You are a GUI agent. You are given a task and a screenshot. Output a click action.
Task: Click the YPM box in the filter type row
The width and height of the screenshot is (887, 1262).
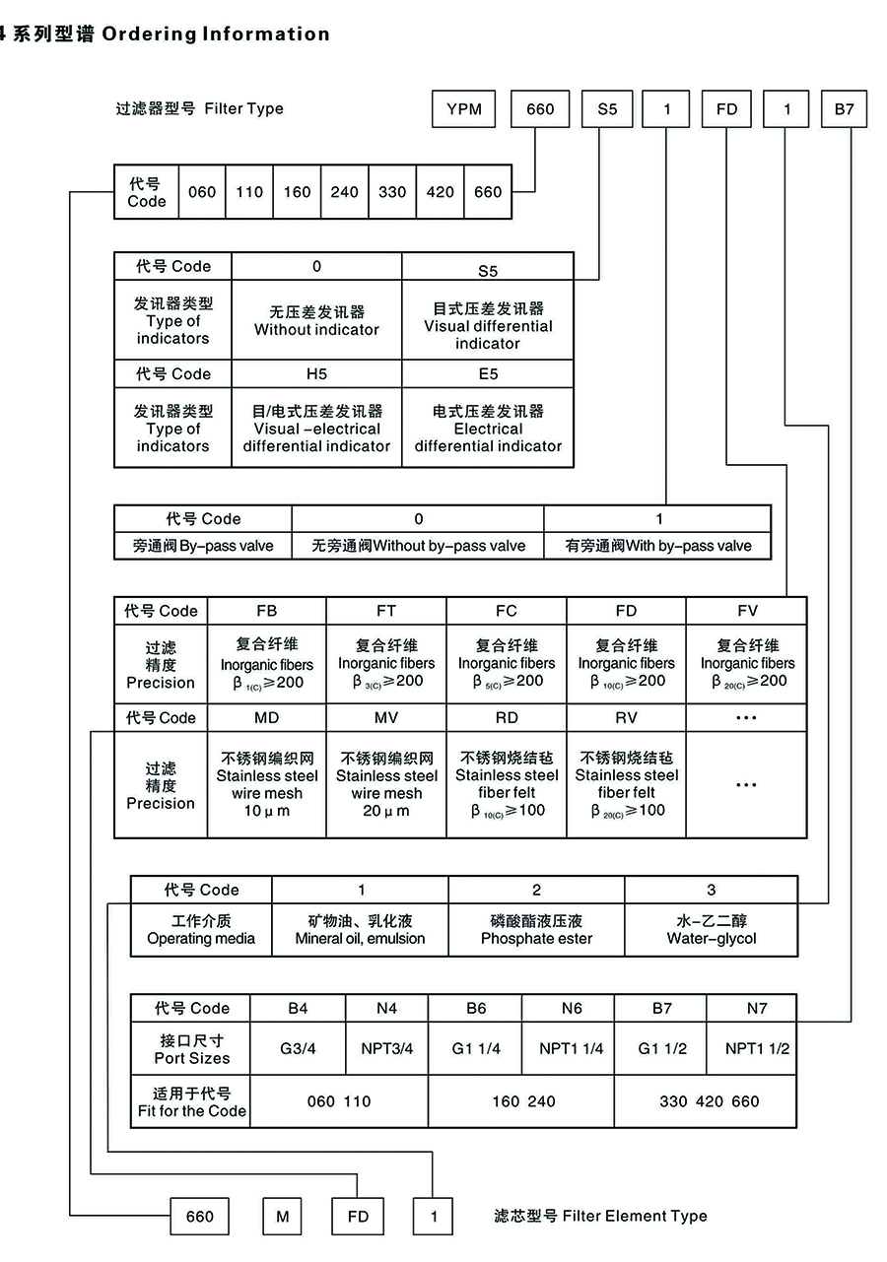pos(464,109)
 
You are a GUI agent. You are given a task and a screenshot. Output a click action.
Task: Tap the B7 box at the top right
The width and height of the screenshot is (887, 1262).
pos(844,109)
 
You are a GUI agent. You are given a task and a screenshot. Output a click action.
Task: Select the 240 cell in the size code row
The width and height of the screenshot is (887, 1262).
pos(344,192)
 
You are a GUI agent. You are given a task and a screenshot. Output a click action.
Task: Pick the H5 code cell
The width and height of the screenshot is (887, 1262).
pos(316,374)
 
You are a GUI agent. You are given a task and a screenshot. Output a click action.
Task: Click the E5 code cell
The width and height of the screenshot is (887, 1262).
pos(488,374)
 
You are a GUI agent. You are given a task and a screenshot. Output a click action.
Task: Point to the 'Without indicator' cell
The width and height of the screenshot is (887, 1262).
pos(316,321)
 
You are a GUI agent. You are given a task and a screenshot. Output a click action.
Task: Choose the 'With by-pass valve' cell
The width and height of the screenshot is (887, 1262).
pos(658,546)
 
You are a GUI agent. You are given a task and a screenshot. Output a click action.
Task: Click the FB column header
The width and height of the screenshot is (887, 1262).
pos(266,611)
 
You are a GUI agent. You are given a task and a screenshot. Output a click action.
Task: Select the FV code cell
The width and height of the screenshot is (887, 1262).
pos(746,611)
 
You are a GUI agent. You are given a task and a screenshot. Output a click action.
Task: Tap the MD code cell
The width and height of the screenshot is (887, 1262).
pos(266,717)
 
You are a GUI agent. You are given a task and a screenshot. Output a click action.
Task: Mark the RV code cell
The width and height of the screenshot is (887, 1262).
pos(626,717)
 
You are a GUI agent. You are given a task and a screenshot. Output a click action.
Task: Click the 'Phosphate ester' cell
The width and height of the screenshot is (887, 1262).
pos(536,930)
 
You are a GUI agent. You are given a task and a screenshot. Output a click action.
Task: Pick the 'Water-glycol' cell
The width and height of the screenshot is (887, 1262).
pos(711,930)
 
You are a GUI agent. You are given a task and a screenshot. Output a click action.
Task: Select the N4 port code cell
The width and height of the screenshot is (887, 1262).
pos(386,1008)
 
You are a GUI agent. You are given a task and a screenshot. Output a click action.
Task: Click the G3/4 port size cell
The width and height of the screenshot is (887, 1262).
pos(298,1048)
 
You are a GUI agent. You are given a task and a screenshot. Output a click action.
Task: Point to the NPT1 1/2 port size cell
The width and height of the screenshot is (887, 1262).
pos(757,1048)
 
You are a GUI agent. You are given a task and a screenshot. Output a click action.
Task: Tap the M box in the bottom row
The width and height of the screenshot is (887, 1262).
pos(283,1217)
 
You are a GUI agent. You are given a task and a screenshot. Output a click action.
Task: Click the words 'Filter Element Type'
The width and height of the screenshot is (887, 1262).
pos(635,1216)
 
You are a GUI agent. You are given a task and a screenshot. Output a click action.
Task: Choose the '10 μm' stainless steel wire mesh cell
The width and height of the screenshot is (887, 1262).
pos(267,785)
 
